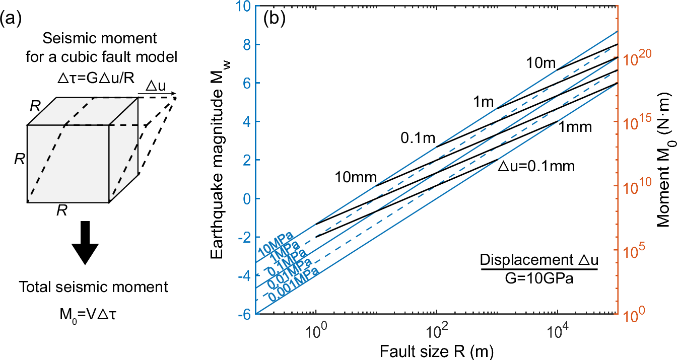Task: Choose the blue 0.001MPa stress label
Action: click(x=294, y=285)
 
